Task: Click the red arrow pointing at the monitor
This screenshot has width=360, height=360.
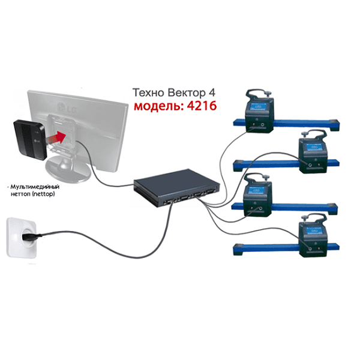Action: (58, 137)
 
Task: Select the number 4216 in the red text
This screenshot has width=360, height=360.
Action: (202, 106)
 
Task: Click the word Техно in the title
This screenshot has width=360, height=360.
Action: (149, 92)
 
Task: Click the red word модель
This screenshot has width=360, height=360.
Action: (159, 106)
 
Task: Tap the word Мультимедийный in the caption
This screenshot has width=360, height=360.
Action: (35, 187)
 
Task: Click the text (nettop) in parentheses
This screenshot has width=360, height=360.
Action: (43, 194)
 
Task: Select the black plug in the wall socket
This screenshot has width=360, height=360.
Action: (29, 236)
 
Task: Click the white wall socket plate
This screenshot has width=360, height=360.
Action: (21, 238)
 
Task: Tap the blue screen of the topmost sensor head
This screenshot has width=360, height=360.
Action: (258, 107)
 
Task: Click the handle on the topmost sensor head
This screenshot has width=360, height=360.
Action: (257, 92)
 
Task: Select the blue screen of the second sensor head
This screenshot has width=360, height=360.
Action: (314, 147)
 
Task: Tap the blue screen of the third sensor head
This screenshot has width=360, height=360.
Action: (256, 190)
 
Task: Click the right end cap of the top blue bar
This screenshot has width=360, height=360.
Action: (334, 125)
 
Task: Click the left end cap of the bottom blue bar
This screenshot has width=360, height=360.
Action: (238, 250)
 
